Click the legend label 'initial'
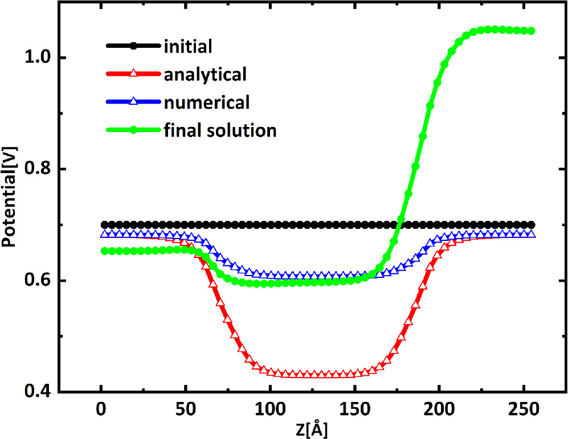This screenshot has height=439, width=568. click(187, 46)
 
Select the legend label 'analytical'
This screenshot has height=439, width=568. click(205, 74)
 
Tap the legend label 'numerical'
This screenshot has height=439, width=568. click(206, 102)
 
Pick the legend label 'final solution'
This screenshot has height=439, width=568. click(219, 130)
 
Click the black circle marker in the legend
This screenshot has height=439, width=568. click(133, 46)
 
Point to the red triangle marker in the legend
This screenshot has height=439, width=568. click(133, 74)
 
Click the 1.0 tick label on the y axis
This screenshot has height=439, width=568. click(38, 58)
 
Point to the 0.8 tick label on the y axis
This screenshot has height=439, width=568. click(38, 170)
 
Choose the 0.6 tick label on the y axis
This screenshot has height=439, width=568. click(38, 281)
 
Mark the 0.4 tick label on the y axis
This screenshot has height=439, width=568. click(38, 392)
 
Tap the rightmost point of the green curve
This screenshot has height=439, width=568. click(532, 31)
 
